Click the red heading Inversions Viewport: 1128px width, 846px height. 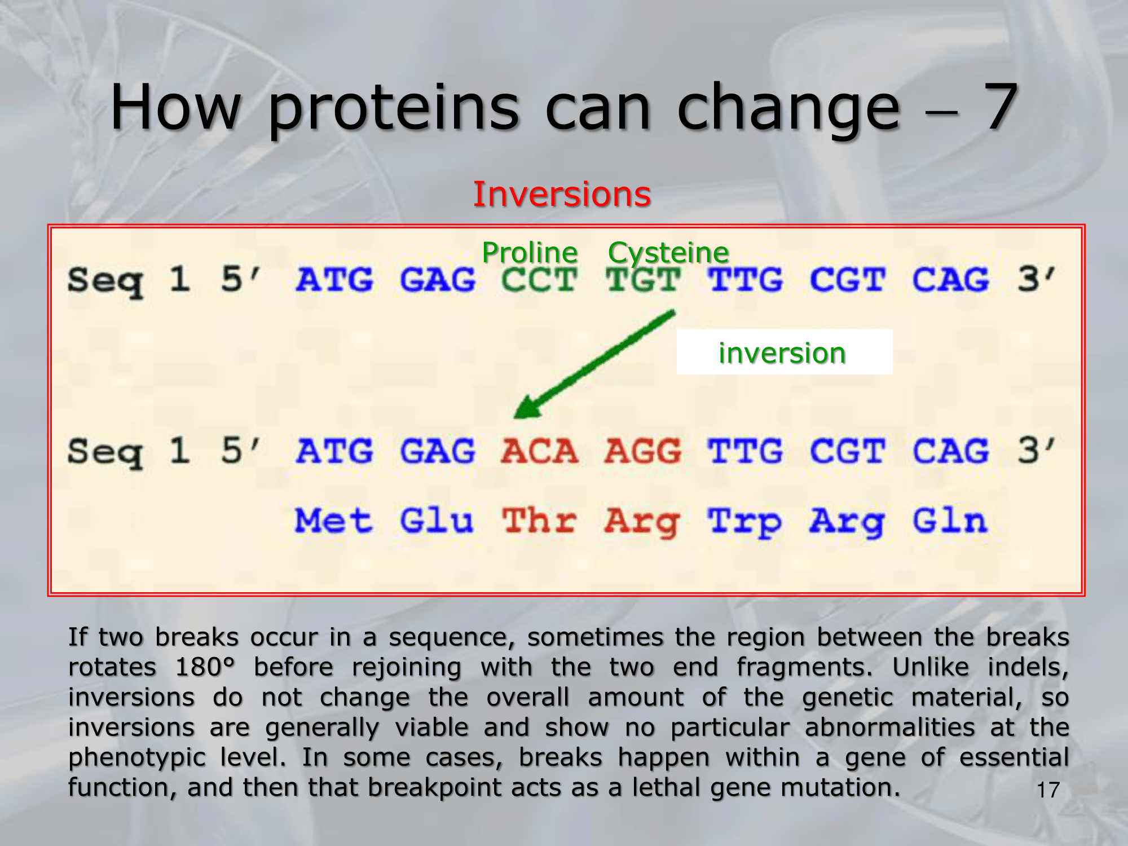[562, 194]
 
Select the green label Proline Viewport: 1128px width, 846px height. [530, 252]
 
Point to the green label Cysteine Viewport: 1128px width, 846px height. [668, 253]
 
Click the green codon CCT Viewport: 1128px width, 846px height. [539, 280]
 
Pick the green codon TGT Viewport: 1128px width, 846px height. [643, 280]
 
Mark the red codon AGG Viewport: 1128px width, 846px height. [643, 451]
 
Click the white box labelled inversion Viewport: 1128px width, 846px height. [785, 352]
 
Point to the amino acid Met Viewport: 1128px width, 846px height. [333, 520]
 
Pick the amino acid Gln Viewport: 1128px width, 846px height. [950, 520]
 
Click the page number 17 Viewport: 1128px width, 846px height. [1048, 790]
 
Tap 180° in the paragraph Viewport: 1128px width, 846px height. [205, 667]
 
